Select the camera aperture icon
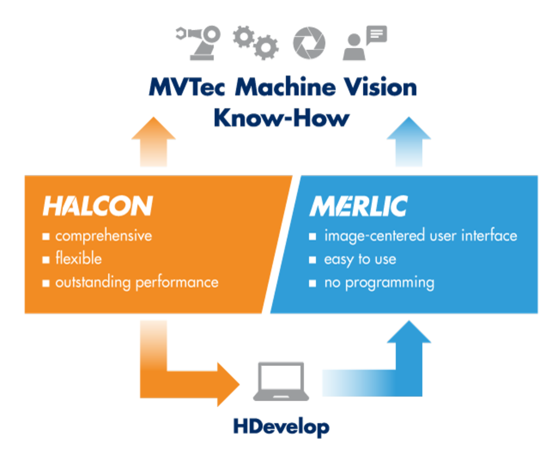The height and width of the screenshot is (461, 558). (x=309, y=43)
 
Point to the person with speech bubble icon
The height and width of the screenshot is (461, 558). (x=365, y=43)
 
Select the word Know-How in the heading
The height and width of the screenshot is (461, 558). (x=281, y=118)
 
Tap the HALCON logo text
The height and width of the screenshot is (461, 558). (x=98, y=206)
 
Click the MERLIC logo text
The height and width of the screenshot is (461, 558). (x=359, y=206)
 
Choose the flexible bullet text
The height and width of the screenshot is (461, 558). (x=78, y=258)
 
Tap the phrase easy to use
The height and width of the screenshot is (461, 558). (x=360, y=259)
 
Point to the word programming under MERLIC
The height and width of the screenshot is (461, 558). (x=390, y=283)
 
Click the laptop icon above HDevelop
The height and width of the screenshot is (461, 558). (x=281, y=381)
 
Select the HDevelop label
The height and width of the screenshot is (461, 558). (x=281, y=427)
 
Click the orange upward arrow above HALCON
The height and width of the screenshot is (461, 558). (x=153, y=142)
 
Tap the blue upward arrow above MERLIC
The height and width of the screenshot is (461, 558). (x=409, y=142)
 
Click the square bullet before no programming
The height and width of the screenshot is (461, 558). (x=312, y=283)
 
